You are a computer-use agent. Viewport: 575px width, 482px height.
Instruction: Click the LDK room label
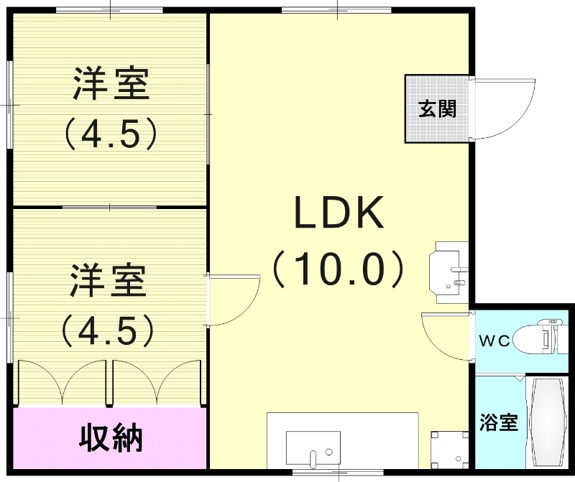[339, 213]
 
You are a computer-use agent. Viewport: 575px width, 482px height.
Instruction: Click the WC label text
[494, 341]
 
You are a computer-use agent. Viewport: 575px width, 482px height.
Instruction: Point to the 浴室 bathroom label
[499, 422]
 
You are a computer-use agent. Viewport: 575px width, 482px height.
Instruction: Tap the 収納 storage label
[110, 437]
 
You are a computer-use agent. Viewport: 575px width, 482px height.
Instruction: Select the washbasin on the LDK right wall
[451, 269]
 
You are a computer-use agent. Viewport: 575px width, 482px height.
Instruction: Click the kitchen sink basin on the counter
[313, 448]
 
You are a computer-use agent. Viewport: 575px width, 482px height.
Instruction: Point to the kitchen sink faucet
[313, 457]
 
